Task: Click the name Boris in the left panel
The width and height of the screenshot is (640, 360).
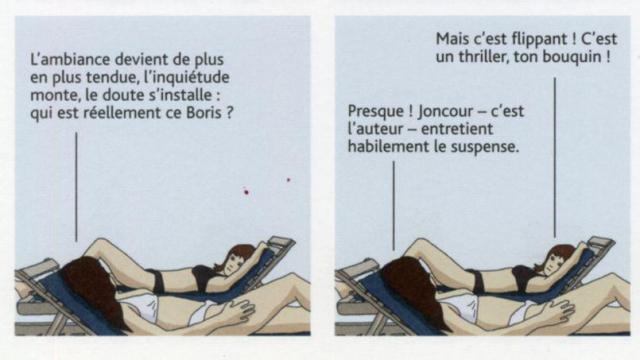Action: click(204, 113)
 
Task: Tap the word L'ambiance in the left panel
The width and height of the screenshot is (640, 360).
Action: click(70, 60)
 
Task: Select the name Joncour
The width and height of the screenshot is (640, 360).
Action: click(445, 111)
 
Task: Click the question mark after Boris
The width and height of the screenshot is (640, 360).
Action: click(229, 113)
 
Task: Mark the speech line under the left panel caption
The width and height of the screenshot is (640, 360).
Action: click(76, 187)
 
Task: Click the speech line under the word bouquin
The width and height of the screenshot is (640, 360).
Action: click(554, 158)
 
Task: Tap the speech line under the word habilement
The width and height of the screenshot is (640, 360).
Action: click(393, 206)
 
